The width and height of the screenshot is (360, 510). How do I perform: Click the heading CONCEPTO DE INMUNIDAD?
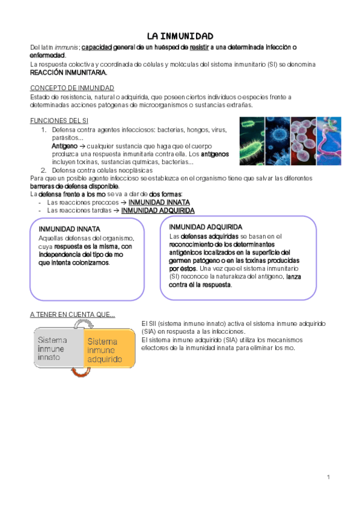click(72, 88)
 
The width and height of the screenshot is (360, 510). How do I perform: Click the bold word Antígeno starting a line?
click(64, 146)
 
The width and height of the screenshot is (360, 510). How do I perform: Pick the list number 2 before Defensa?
click(43, 170)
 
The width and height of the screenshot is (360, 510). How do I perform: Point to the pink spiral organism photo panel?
click(329, 141)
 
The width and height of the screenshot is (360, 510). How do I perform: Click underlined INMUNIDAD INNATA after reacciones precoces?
click(159, 203)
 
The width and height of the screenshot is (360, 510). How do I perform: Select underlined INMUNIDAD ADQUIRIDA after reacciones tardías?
click(157, 211)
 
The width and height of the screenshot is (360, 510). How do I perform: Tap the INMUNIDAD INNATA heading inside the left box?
click(69, 229)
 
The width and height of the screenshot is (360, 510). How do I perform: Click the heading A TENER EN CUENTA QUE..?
click(72, 315)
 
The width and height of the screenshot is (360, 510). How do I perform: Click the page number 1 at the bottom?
click(329, 477)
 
